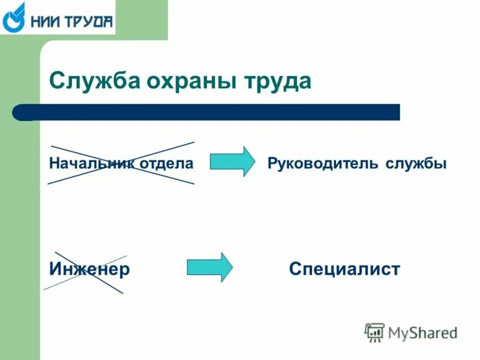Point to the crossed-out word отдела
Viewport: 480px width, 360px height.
(167, 163)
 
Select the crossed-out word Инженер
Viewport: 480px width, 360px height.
(89, 269)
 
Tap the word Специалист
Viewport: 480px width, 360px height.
(344, 269)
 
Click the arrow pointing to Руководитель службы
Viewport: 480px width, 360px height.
(232, 161)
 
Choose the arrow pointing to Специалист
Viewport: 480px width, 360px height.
(209, 267)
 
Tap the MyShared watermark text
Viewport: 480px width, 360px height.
(422, 332)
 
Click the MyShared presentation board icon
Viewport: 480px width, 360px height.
(374, 332)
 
